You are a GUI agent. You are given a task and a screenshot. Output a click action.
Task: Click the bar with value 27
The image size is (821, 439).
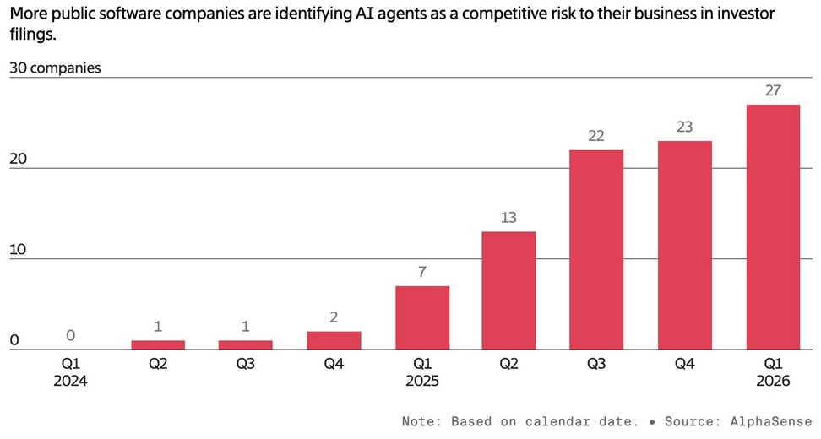pyautogui.click(x=772, y=227)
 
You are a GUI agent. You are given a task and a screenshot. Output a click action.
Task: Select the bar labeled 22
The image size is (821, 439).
pyautogui.click(x=596, y=249)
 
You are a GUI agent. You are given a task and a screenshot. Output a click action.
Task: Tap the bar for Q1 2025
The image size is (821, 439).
pyautogui.click(x=421, y=317)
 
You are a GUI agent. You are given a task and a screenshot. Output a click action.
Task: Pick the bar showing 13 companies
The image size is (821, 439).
pyautogui.click(x=508, y=290)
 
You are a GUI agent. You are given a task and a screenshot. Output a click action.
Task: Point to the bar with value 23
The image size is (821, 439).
pyautogui.click(x=684, y=245)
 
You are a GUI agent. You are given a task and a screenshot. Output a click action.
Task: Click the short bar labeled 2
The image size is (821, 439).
pyautogui.click(x=334, y=340)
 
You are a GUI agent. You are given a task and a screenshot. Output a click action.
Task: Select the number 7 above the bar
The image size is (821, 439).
pyautogui.click(x=421, y=273)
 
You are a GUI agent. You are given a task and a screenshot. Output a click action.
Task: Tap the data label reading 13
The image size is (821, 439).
pyautogui.click(x=508, y=218)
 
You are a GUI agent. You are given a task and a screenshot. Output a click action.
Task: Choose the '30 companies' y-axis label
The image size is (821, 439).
pyautogui.click(x=55, y=68)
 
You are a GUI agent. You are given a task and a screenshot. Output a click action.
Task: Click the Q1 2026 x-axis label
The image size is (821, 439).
pyautogui.click(x=772, y=372)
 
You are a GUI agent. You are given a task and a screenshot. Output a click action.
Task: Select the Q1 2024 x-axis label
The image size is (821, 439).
pyautogui.click(x=70, y=372)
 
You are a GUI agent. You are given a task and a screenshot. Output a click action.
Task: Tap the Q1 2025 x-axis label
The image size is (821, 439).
pyautogui.click(x=421, y=372)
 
